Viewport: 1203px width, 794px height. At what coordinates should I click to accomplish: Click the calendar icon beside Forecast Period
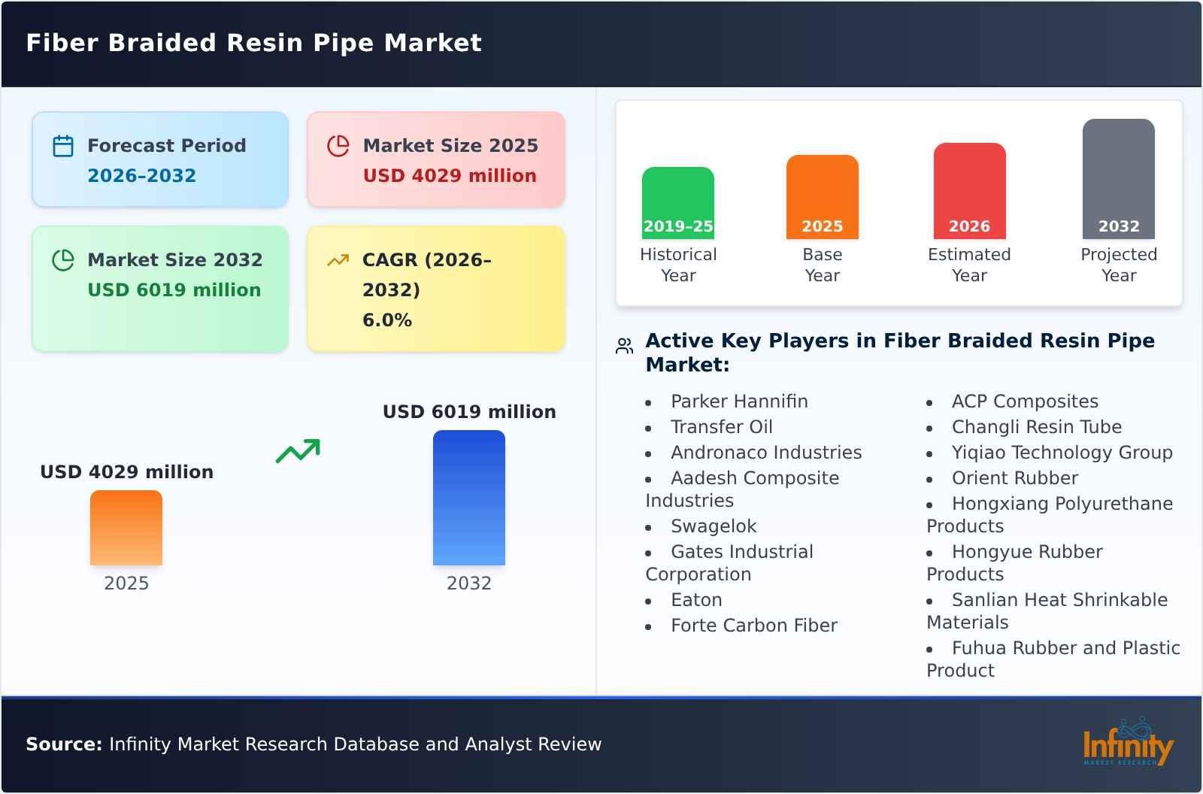pyautogui.click(x=63, y=146)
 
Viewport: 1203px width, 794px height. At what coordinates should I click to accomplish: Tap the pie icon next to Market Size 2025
pyautogui.click(x=338, y=146)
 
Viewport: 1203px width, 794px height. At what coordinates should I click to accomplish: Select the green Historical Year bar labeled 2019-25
pyautogui.click(x=678, y=203)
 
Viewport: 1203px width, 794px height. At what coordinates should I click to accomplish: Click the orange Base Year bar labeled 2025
pyautogui.click(x=823, y=197)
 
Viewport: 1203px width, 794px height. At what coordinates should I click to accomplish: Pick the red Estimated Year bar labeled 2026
pyautogui.click(x=969, y=191)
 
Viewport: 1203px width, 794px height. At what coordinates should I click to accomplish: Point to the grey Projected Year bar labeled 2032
pyautogui.click(x=1119, y=179)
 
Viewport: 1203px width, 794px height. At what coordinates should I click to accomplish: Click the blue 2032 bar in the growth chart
pyautogui.click(x=469, y=498)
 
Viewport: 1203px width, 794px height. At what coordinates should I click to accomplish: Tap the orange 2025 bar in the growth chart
pyautogui.click(x=126, y=528)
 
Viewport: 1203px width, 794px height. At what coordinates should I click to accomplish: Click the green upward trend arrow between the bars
pyautogui.click(x=298, y=451)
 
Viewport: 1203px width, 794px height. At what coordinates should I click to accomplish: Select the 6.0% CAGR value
pyautogui.click(x=387, y=320)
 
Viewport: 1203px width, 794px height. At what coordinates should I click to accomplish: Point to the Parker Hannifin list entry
pyautogui.click(x=739, y=402)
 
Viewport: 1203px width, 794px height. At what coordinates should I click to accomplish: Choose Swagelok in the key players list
pyautogui.click(x=714, y=526)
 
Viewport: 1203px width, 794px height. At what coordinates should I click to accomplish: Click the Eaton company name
pyautogui.click(x=696, y=600)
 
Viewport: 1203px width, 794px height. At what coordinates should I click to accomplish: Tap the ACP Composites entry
pyautogui.click(x=1025, y=402)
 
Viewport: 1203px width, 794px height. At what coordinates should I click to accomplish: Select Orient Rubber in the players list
pyautogui.click(x=1014, y=478)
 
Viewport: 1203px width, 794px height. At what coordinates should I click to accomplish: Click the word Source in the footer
pyautogui.click(x=64, y=744)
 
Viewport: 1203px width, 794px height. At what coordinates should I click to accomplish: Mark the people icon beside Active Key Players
pyautogui.click(x=624, y=346)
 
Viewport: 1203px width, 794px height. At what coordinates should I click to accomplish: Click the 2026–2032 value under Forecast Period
pyautogui.click(x=141, y=176)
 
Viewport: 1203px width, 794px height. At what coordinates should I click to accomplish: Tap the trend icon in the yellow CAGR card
pyautogui.click(x=338, y=260)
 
